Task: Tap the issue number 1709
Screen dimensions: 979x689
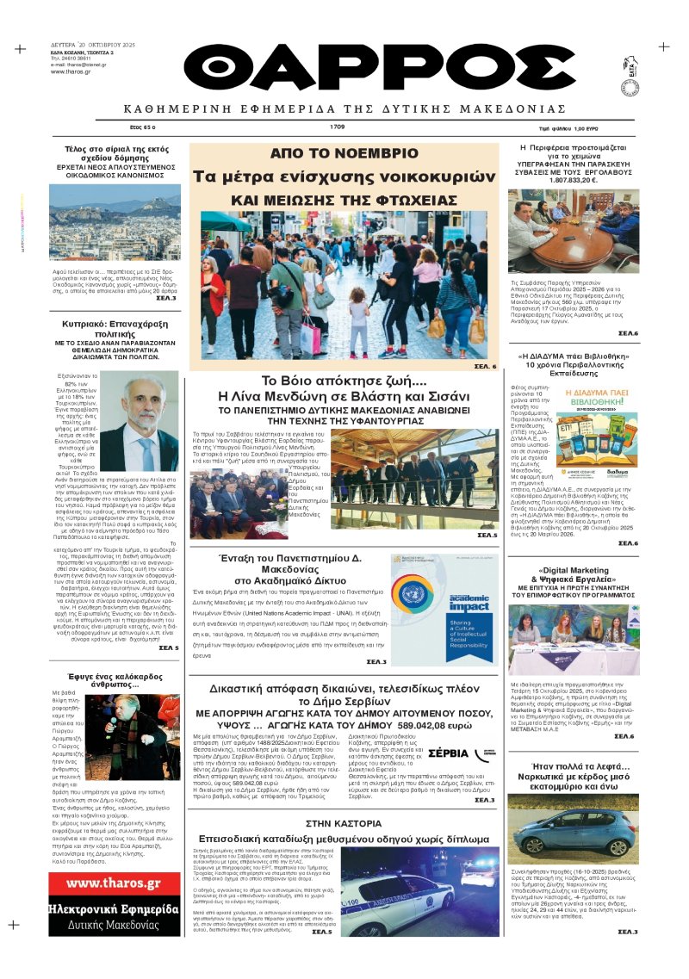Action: [337, 127]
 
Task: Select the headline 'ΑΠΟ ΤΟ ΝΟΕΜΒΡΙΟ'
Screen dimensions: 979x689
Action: [343, 153]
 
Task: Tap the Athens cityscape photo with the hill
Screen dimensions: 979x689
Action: [102, 221]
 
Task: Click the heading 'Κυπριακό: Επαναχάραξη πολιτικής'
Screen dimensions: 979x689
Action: [102, 331]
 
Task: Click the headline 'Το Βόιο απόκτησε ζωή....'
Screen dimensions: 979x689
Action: [343, 381]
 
